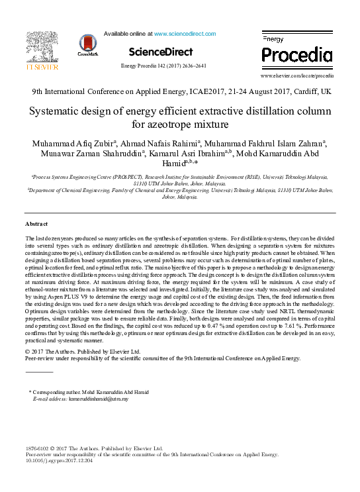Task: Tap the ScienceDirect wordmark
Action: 161,52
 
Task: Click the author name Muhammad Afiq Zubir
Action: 70,145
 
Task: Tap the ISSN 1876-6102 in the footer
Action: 38,448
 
